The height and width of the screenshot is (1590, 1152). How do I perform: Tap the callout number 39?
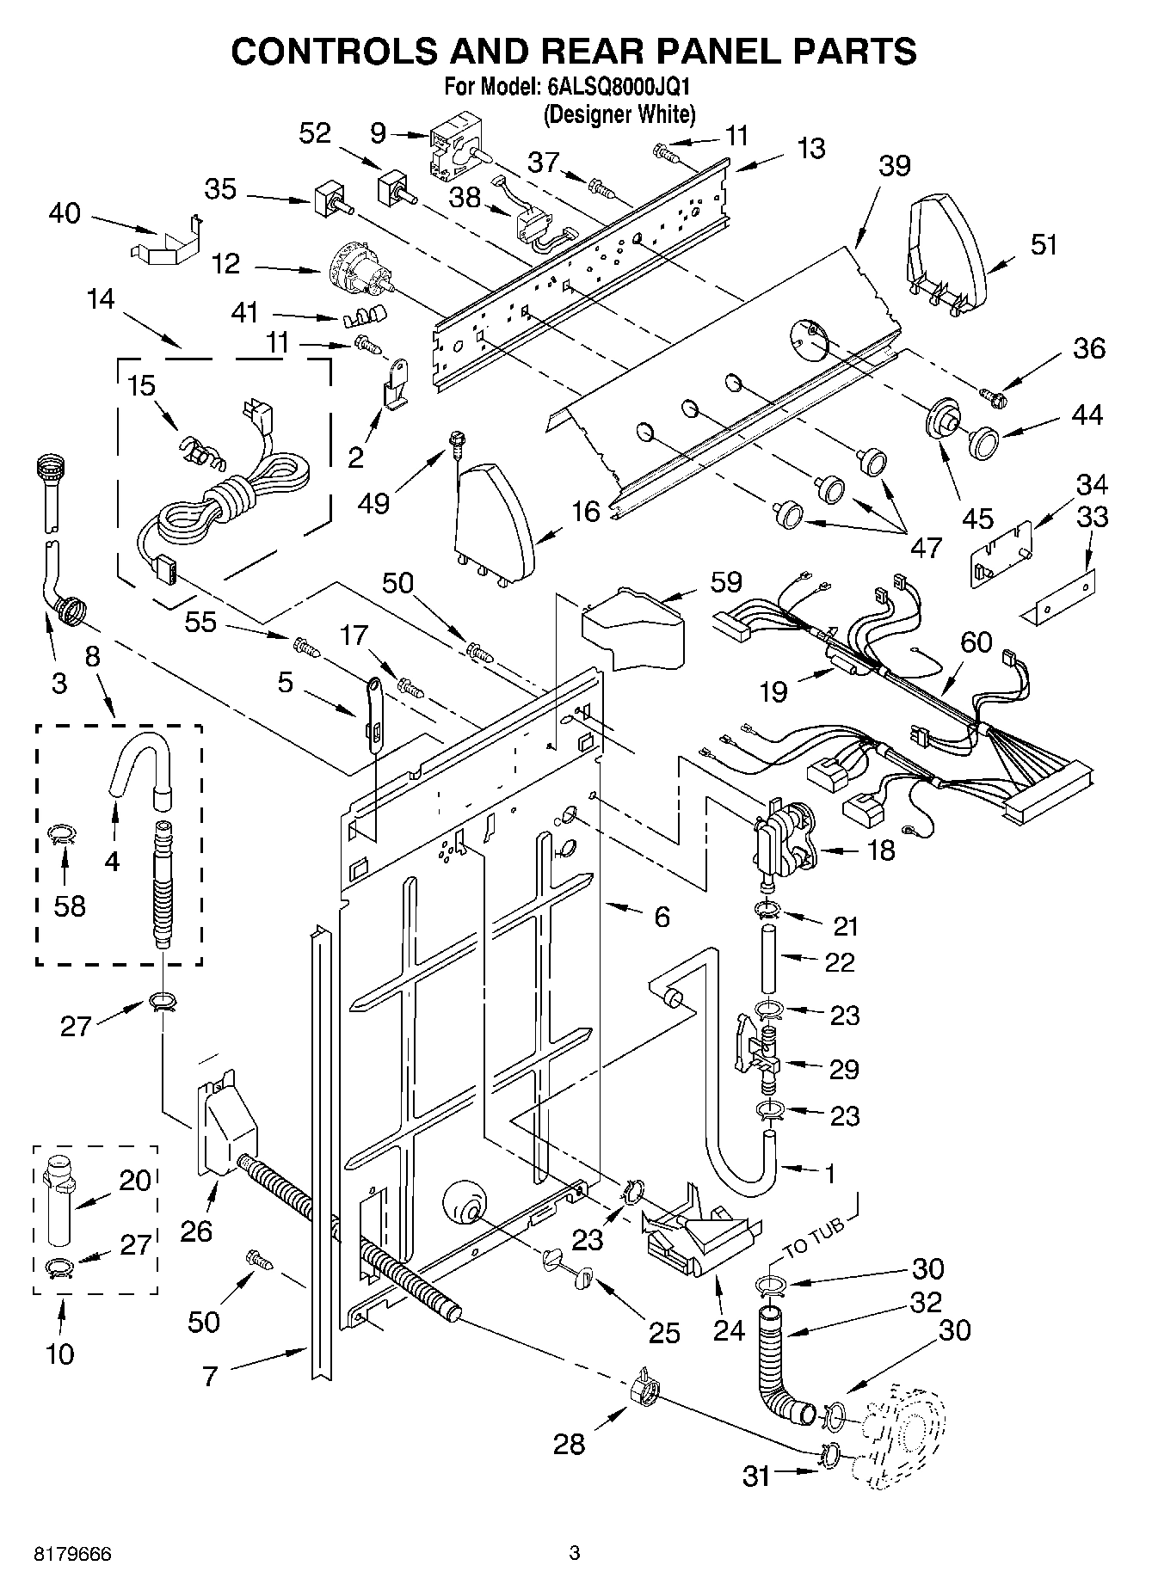[x=894, y=167]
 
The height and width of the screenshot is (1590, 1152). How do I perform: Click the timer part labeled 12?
[x=357, y=267]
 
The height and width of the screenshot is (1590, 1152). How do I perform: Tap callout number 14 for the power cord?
[x=100, y=299]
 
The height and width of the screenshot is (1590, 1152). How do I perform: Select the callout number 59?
[x=725, y=582]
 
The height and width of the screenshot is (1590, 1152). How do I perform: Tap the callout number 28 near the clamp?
[x=569, y=1443]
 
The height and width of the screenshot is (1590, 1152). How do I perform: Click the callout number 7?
[x=211, y=1375]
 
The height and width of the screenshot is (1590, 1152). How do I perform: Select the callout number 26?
[x=196, y=1231]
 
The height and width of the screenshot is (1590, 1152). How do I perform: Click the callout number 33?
[x=1092, y=518]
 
